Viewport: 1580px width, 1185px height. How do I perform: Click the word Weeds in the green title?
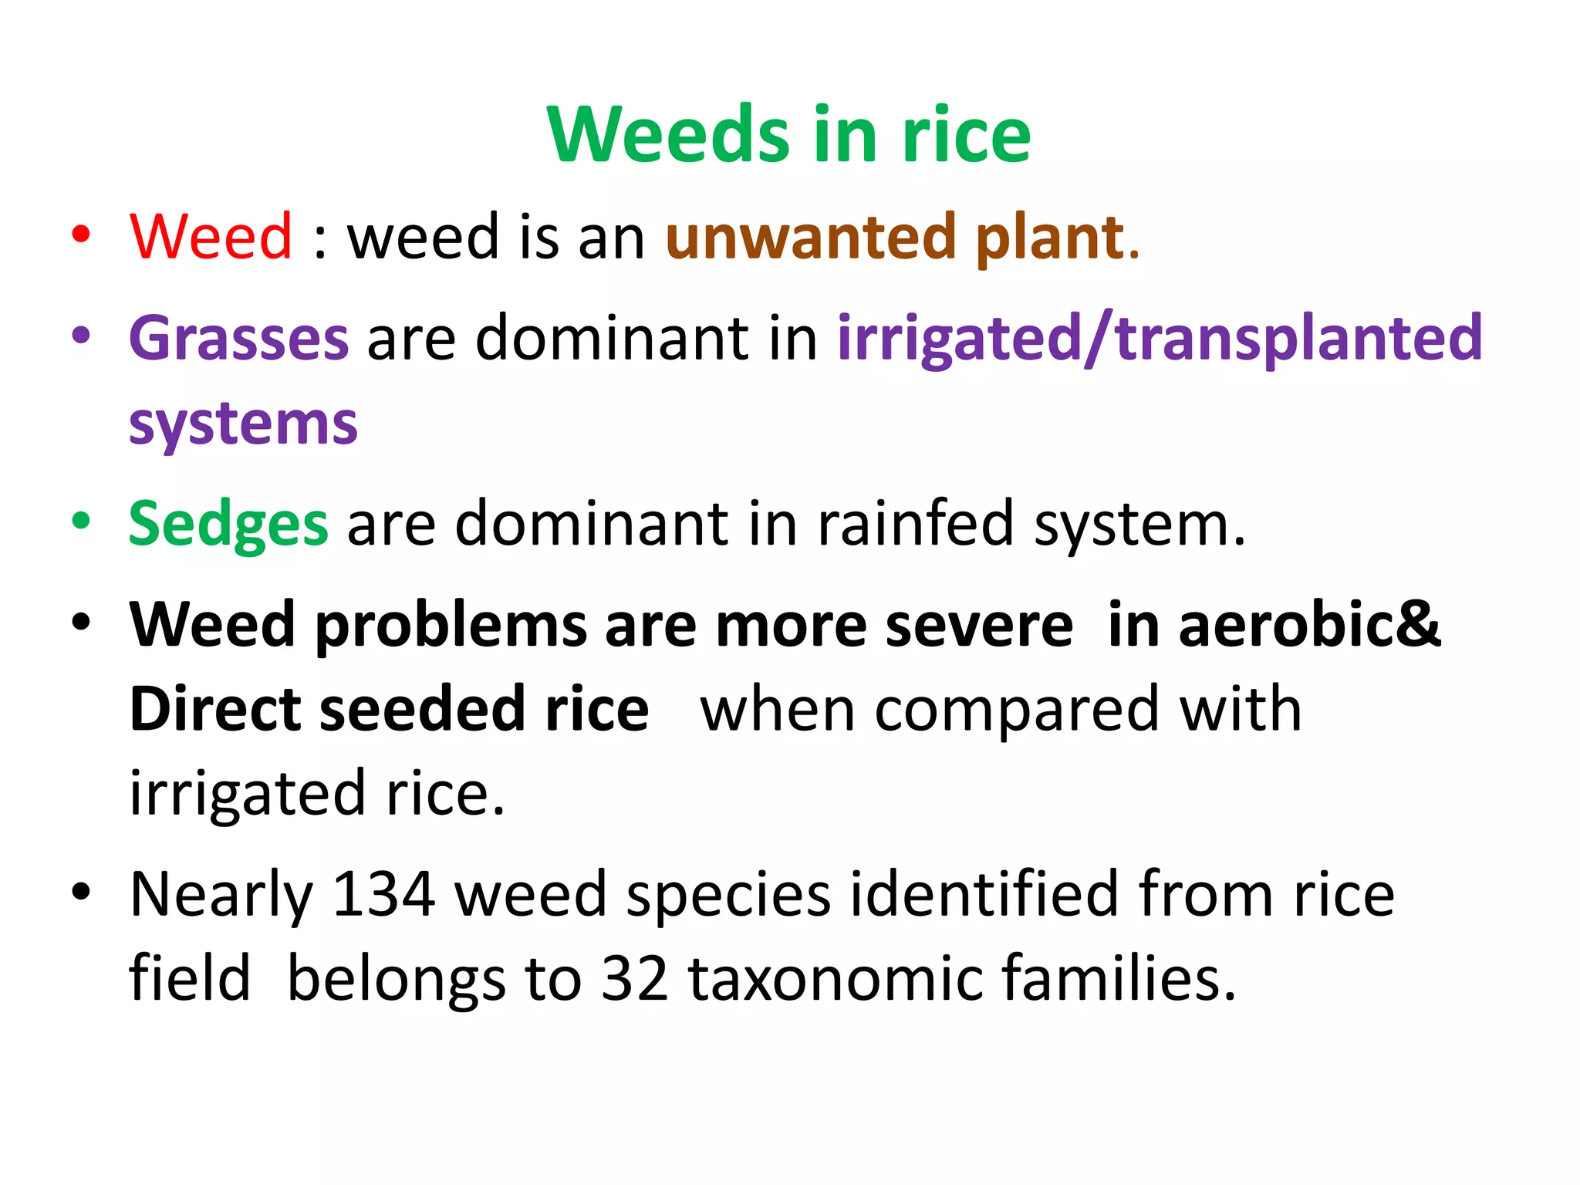pyautogui.click(x=668, y=135)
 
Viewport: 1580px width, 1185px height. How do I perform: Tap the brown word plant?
pyautogui.click(x=1050, y=238)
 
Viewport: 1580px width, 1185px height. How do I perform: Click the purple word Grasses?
pyautogui.click(x=239, y=339)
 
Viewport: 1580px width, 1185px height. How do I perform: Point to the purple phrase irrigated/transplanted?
pyautogui.click(x=1160, y=339)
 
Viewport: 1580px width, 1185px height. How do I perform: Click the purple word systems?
pyautogui.click(x=243, y=424)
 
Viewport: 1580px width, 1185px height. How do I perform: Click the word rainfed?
pyautogui.click(x=916, y=524)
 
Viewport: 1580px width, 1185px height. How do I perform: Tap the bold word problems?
pyautogui.click(x=451, y=626)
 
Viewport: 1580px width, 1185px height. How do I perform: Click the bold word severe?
pyautogui.click(x=979, y=626)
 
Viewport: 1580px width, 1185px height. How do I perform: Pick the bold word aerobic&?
pyautogui.click(x=1309, y=624)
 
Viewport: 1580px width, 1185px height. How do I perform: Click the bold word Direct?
pyautogui.click(x=215, y=709)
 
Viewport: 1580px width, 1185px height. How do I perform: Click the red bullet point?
pyautogui.click(x=81, y=234)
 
